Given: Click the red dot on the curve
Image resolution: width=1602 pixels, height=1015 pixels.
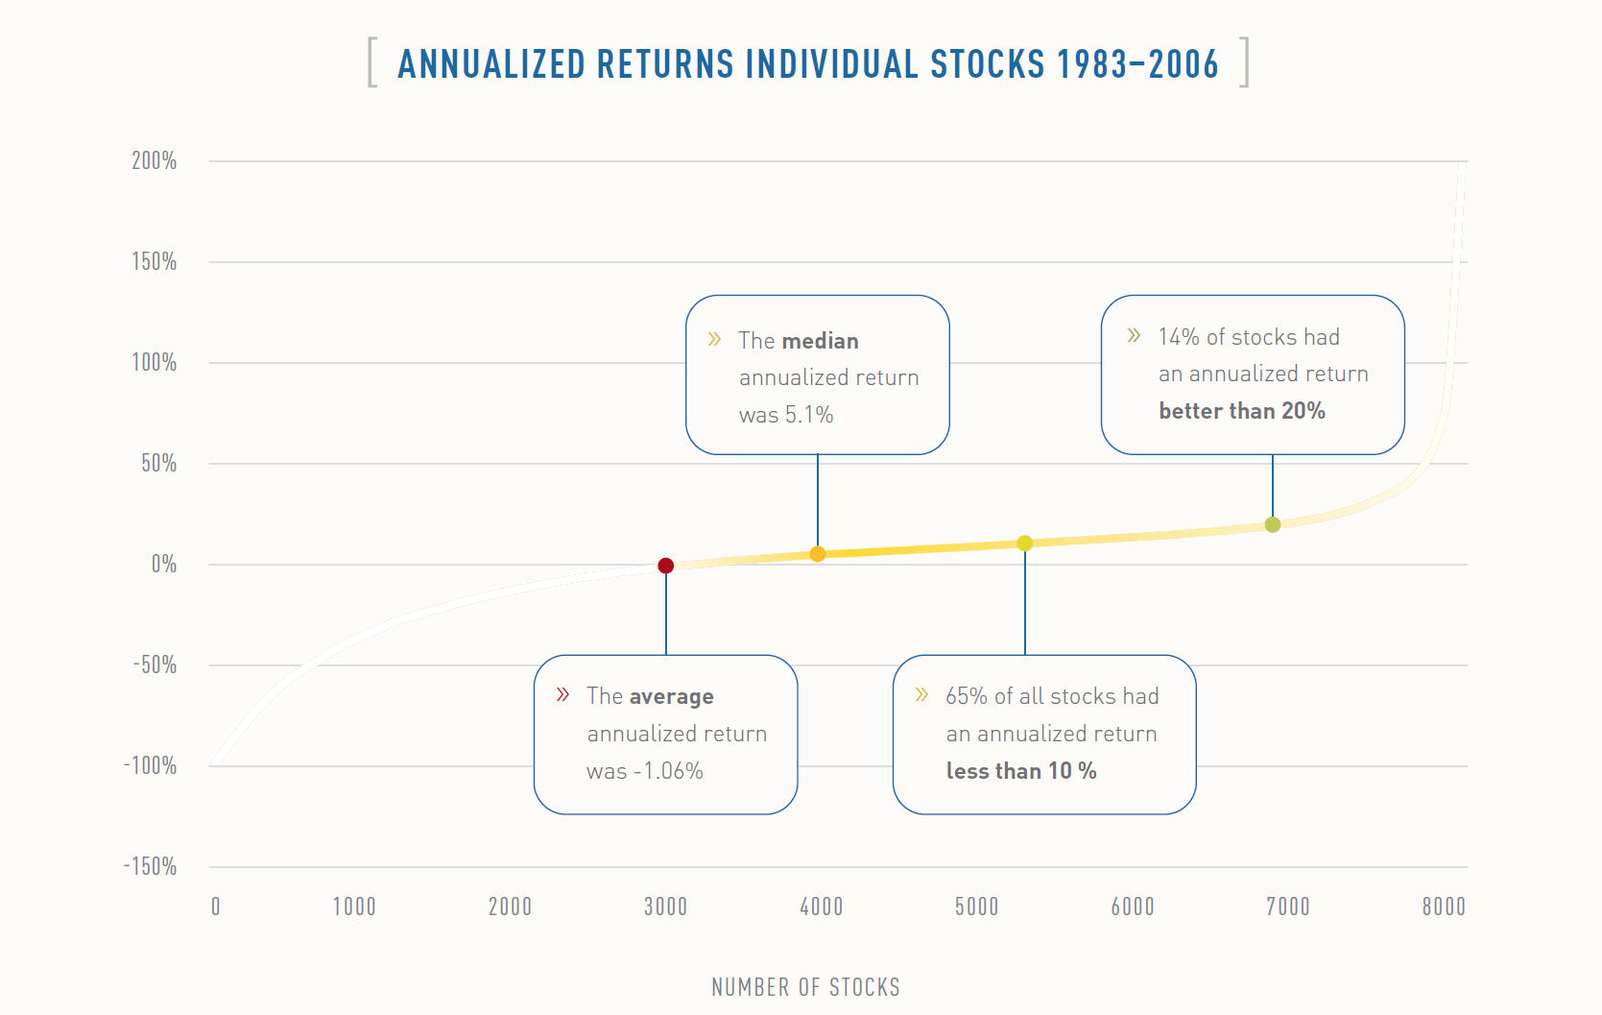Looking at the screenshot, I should pyautogui.click(x=665, y=566).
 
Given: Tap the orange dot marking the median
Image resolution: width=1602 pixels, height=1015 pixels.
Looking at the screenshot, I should pyautogui.click(x=818, y=554).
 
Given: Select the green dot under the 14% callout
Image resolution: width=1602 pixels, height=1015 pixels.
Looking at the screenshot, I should pyautogui.click(x=1273, y=524).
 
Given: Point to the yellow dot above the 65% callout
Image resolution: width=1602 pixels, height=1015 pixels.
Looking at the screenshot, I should pyautogui.click(x=1025, y=544).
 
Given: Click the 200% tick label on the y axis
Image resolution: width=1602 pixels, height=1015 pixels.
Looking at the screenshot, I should pyautogui.click(x=155, y=160).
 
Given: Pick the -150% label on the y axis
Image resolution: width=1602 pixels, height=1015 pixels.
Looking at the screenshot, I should pyautogui.click(x=151, y=866).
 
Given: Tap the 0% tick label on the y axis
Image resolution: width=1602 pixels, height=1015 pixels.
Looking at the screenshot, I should pyautogui.click(x=164, y=564).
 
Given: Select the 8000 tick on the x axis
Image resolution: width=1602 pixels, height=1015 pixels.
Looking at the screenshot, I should pyautogui.click(x=1444, y=906).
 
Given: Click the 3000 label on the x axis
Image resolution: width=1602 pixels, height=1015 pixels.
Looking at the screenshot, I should pyautogui.click(x=665, y=906).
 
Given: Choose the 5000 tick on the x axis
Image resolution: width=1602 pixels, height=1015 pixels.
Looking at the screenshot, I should pyautogui.click(x=976, y=906).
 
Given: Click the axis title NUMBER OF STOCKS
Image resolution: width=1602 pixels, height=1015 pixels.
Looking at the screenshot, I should pyautogui.click(x=805, y=987).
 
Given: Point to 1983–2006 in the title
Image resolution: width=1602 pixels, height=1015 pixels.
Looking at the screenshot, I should pyautogui.click(x=1137, y=64).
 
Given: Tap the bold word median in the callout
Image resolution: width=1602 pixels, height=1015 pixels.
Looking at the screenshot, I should pyautogui.click(x=820, y=341).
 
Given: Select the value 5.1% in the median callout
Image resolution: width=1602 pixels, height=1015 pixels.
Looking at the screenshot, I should pyautogui.click(x=809, y=415).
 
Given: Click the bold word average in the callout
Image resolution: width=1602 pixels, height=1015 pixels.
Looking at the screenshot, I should pyautogui.click(x=672, y=696).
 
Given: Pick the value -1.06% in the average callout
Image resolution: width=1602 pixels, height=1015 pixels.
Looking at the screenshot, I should pyautogui.click(x=669, y=771).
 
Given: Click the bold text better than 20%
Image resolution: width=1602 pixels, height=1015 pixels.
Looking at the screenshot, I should pyautogui.click(x=1241, y=411).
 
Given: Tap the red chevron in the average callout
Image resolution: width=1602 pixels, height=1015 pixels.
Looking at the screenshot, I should pyautogui.click(x=563, y=694).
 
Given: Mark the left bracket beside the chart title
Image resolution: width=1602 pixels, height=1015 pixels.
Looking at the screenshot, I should pyautogui.click(x=372, y=62).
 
